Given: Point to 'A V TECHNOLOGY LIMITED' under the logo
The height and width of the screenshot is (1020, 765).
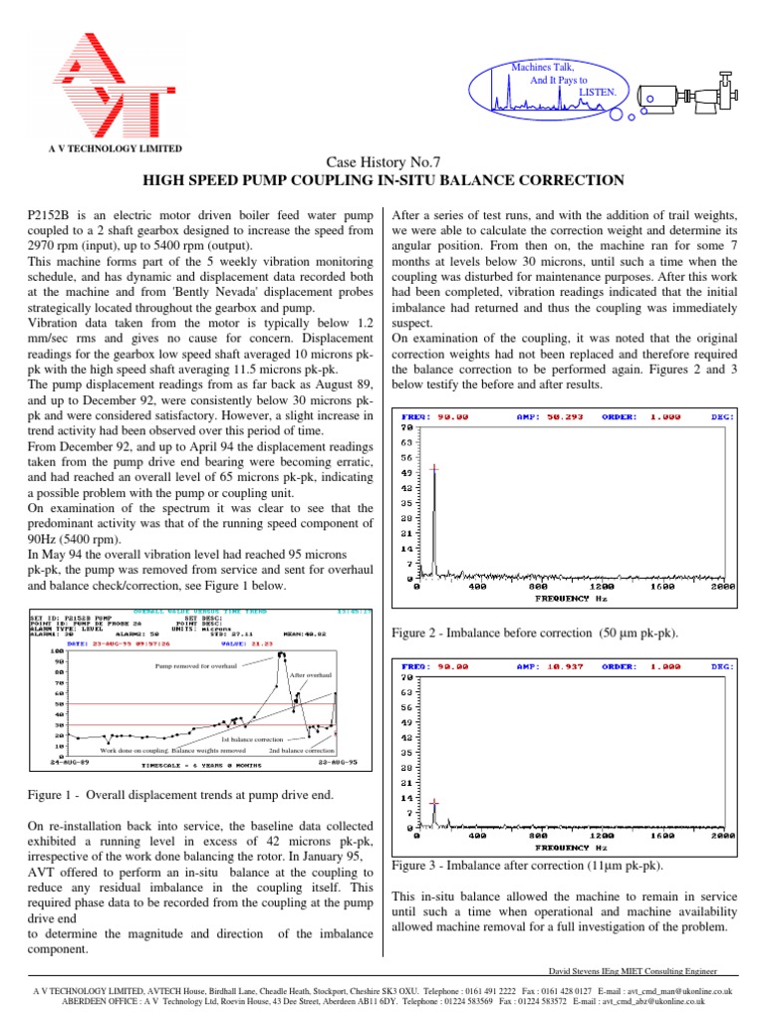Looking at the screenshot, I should (116, 148).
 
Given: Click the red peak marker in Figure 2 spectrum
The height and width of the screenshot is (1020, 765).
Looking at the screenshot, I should (433, 466).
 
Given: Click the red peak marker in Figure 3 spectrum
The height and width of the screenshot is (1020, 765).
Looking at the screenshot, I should (433, 801).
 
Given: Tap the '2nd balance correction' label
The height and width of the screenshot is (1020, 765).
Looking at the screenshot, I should (302, 749).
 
